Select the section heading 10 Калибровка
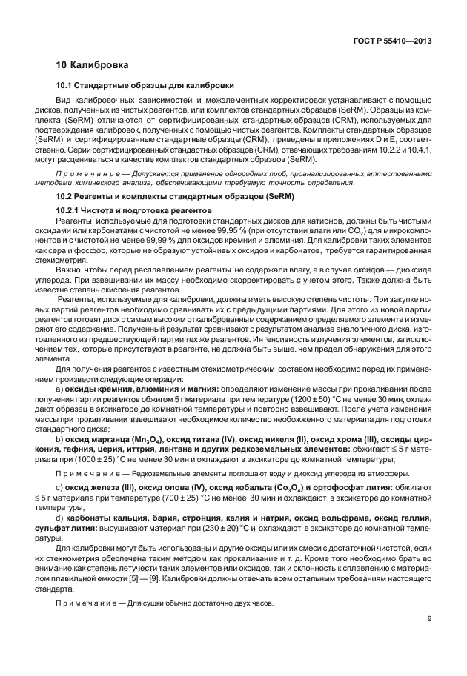coord(93,65)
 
